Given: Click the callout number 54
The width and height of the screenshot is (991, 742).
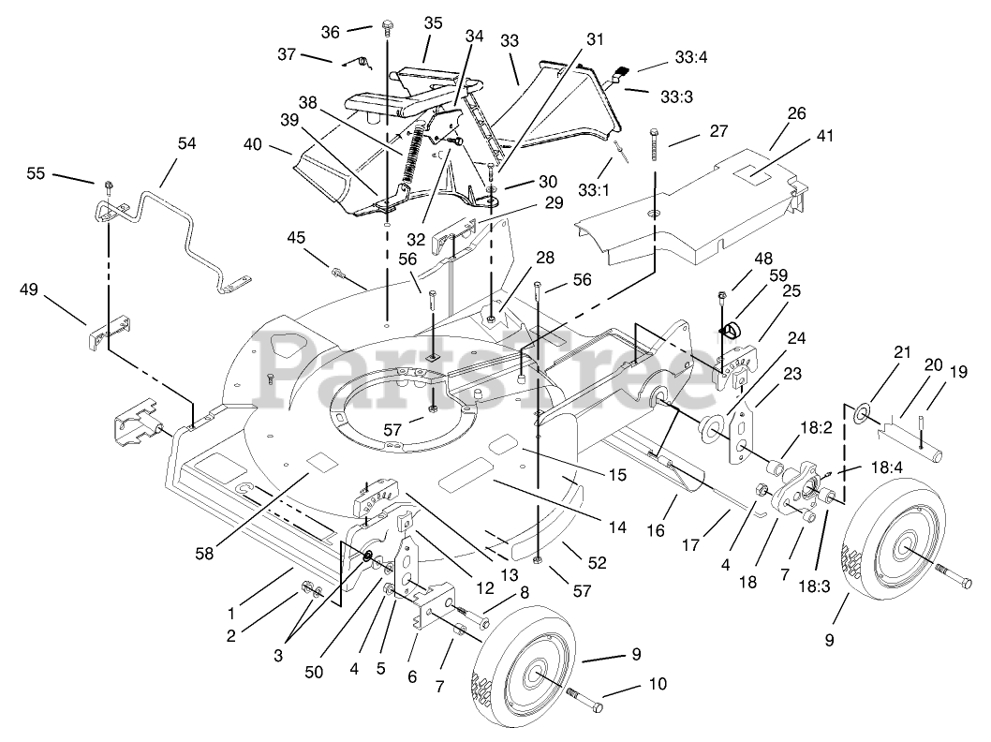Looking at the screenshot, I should (186, 143).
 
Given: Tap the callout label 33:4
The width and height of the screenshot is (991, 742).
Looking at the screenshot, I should (690, 58).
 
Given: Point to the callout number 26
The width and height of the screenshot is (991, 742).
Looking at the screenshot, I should (795, 113).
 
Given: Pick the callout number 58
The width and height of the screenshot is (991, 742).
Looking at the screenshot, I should (204, 553).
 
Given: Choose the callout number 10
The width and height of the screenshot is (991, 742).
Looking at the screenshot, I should (657, 684).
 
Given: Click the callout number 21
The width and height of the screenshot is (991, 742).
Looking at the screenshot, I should (902, 353).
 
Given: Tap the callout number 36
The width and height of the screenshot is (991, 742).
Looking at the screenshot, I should (331, 31).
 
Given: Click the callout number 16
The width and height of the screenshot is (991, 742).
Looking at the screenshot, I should (655, 530).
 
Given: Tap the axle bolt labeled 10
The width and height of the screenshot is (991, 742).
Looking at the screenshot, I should (584, 700).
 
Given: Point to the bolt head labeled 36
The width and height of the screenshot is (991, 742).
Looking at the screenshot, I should (387, 30).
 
